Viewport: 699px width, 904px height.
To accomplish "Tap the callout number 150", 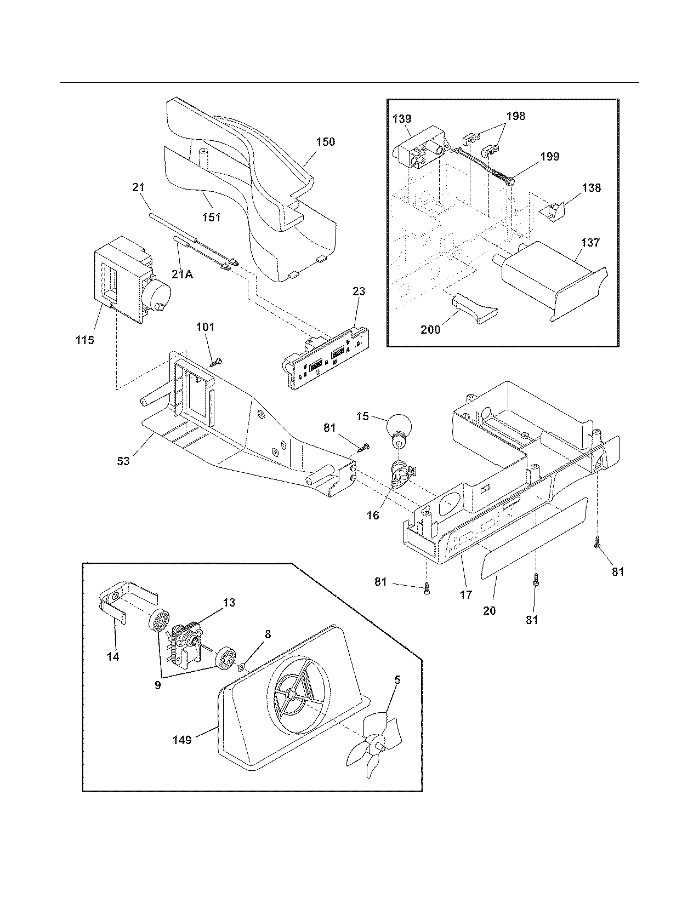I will (325, 142).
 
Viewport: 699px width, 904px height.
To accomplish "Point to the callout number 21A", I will (182, 274).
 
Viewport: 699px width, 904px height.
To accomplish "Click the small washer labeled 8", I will (241, 667).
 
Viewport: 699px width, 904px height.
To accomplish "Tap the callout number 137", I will (590, 243).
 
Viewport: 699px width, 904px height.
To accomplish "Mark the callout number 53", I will (123, 461).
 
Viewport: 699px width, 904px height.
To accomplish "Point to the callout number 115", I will (85, 340).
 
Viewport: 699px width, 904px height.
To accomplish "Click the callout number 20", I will (489, 610).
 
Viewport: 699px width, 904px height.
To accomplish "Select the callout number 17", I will (465, 594).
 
